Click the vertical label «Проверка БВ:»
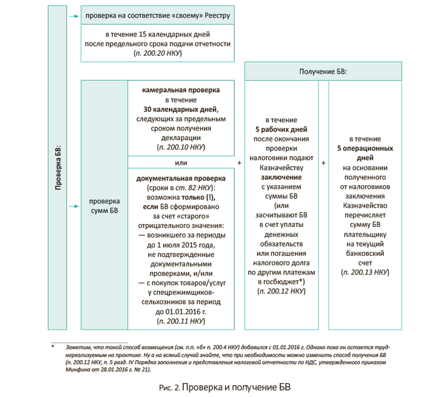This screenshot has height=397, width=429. (57, 169)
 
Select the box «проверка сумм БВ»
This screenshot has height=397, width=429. (104, 206)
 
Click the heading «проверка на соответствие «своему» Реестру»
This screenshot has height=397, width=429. (157, 16)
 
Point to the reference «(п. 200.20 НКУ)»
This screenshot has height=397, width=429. (158, 54)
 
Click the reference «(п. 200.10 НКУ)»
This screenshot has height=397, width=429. (180, 146)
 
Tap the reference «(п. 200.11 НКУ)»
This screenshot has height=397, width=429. (180, 322)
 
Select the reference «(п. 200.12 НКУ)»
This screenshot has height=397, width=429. (281, 291)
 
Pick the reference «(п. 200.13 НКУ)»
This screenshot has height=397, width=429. (365, 272)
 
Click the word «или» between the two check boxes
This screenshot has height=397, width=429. (180, 163)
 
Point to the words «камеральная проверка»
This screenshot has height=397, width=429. (180, 91)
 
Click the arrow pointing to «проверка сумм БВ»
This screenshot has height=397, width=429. (73, 206)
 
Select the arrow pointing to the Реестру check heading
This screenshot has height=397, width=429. (73, 16)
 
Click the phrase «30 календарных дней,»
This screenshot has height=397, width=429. (180, 109)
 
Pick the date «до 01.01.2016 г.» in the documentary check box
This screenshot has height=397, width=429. (180, 312)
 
